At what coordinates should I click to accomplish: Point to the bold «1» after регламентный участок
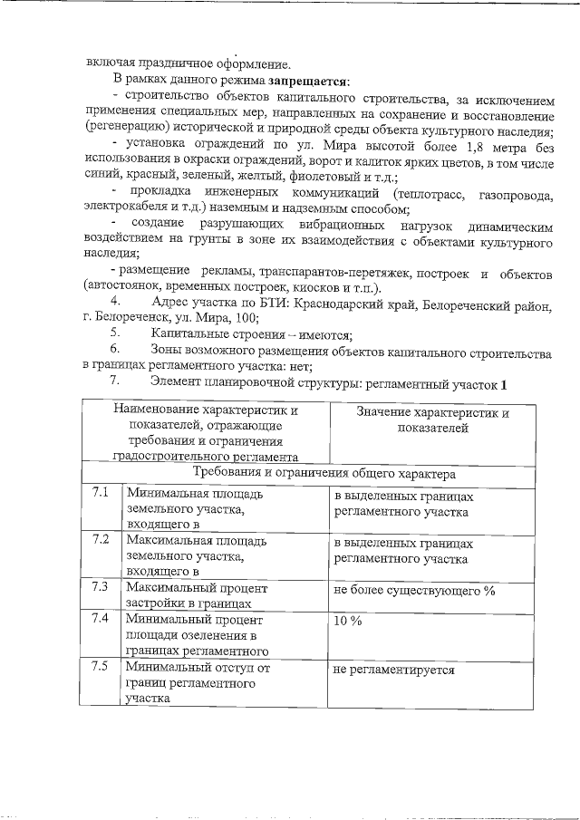coord(502,383)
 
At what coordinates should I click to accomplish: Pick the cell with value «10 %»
coord(348,622)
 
